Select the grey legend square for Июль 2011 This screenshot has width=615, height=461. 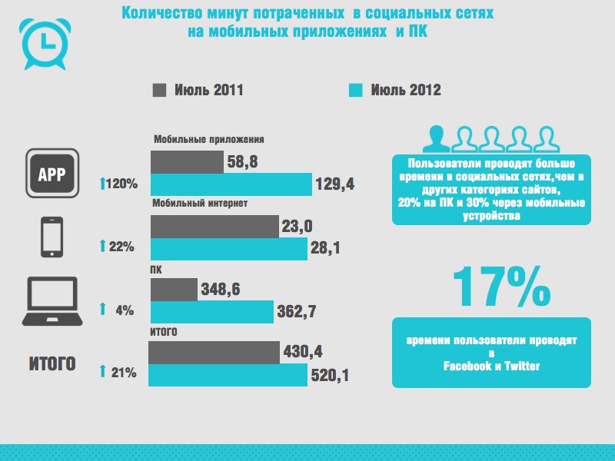160,90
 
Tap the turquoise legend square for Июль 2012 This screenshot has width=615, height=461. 355,90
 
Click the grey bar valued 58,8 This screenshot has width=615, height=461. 187,161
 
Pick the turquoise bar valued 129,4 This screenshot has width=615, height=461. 231,184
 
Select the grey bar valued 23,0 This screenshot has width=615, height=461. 214,226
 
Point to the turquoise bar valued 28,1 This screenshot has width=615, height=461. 228,249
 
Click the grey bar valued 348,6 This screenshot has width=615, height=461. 173,289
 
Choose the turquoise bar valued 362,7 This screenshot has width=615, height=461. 211,311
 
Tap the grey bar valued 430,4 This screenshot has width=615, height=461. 214,352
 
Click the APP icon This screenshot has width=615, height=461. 52,173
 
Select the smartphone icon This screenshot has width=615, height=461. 52,237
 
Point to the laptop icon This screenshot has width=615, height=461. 52,302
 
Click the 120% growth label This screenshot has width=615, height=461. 119,184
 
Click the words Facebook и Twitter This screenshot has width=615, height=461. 492,366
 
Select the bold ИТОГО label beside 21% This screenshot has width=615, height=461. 52,363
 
